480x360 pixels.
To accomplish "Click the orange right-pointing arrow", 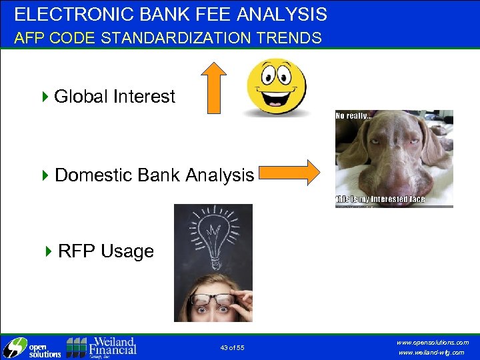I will tap(289, 172).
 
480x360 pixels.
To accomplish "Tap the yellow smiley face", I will tap(277, 87).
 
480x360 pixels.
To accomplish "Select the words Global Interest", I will tap(114, 97).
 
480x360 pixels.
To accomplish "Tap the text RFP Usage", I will tap(105, 251).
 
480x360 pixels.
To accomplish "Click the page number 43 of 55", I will tap(232, 348).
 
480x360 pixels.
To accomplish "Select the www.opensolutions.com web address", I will tap(433, 342).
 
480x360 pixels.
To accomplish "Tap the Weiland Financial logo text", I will tap(111, 346).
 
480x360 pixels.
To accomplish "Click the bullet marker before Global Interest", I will tap(45, 97).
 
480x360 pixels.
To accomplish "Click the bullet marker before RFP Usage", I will tap(49, 251).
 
